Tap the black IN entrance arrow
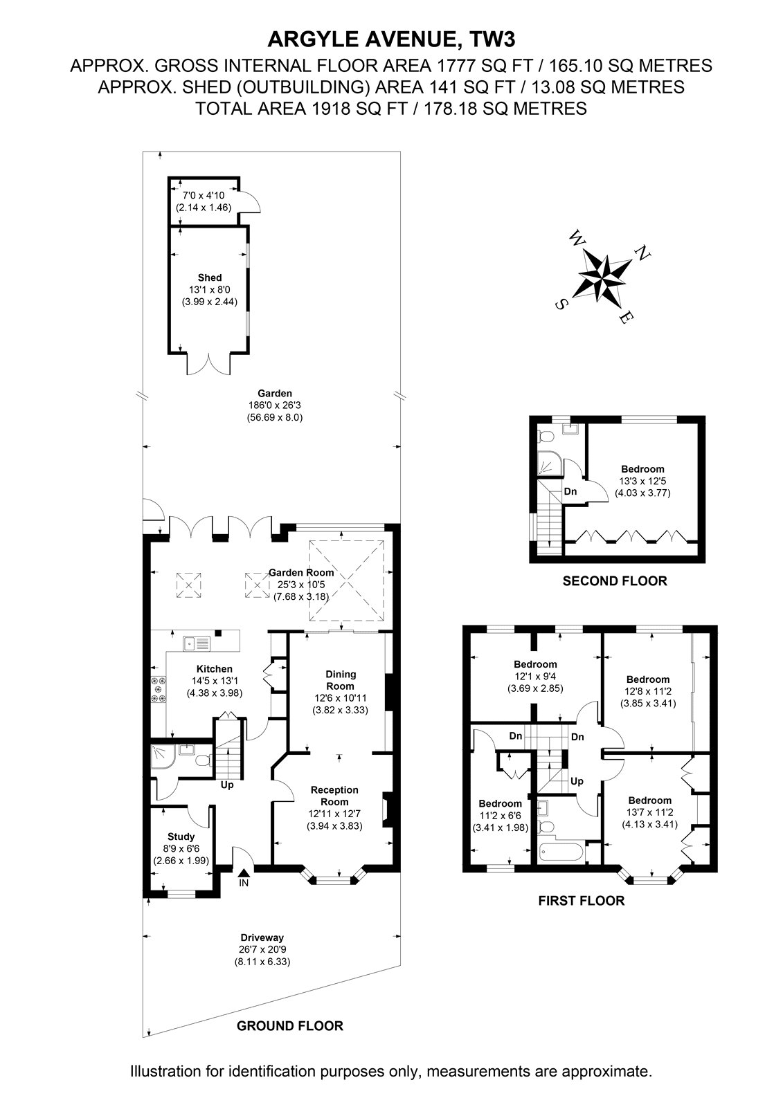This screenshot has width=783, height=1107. (x=244, y=875)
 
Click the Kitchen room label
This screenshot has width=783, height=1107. (x=215, y=669)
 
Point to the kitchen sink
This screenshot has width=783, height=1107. (x=197, y=643)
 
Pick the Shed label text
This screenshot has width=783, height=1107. (x=210, y=277)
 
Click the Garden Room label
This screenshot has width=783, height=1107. (x=301, y=573)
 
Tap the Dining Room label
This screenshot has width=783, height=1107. (x=341, y=680)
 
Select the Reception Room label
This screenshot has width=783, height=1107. (x=334, y=796)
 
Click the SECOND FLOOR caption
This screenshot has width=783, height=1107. (x=615, y=581)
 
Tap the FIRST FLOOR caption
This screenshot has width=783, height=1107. (x=582, y=900)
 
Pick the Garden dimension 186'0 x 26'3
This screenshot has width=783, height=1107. (x=275, y=405)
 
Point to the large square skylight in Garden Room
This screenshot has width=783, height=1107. (x=347, y=580)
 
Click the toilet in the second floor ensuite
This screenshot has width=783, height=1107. (x=546, y=435)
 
